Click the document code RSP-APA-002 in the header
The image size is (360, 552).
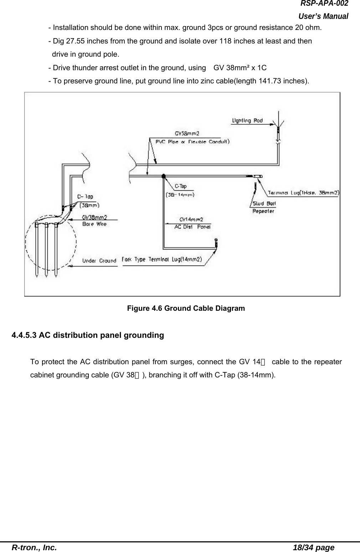coord(324,4)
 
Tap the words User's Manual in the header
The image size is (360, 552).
coord(323,16)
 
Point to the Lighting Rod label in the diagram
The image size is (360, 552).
coord(247,120)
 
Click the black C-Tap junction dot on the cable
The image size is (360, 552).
coord(164,176)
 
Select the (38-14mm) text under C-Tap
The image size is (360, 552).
coord(180,195)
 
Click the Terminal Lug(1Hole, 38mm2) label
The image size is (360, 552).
coord(303,193)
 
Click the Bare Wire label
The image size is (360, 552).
coord(94,224)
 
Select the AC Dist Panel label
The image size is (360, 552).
coord(192,227)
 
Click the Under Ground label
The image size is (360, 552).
coord(99,260)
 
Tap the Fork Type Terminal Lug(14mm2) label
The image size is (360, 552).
coord(162,259)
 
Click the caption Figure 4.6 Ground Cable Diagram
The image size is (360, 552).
coord(186,308)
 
